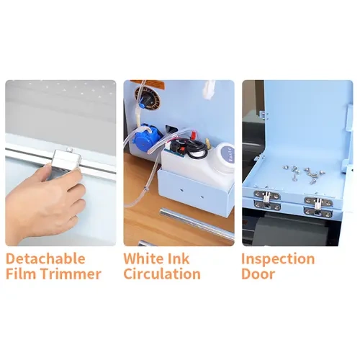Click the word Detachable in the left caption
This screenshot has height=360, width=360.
tap(45, 258)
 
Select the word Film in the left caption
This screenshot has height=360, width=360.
tap(21, 274)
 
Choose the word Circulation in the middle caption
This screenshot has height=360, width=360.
tap(161, 274)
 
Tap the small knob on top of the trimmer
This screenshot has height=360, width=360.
tap(69, 149)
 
